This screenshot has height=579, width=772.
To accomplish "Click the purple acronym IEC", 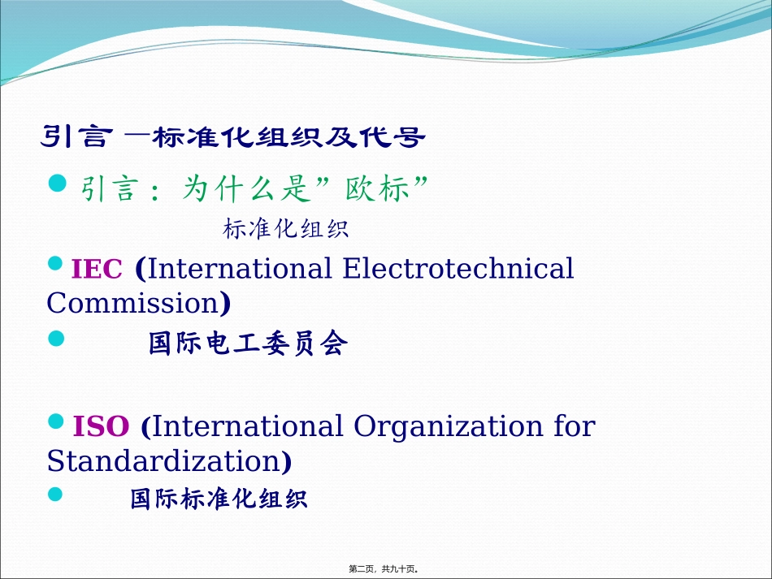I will (x=97, y=269).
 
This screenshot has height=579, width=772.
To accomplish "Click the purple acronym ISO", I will (x=101, y=426).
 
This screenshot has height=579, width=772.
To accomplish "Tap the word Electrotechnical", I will (x=458, y=268).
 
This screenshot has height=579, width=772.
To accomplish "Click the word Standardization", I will (x=163, y=461).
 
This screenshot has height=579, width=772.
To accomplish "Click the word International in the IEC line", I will (x=240, y=268).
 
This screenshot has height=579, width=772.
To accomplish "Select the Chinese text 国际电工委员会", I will (x=248, y=344).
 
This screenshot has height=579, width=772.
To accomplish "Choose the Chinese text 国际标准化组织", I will (x=219, y=498).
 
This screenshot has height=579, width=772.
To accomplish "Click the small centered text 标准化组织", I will (x=285, y=229).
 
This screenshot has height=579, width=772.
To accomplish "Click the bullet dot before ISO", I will (x=56, y=421).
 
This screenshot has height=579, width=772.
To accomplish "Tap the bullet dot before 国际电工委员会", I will (x=56, y=338).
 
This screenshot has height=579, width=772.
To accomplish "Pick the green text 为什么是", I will (x=247, y=190).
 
